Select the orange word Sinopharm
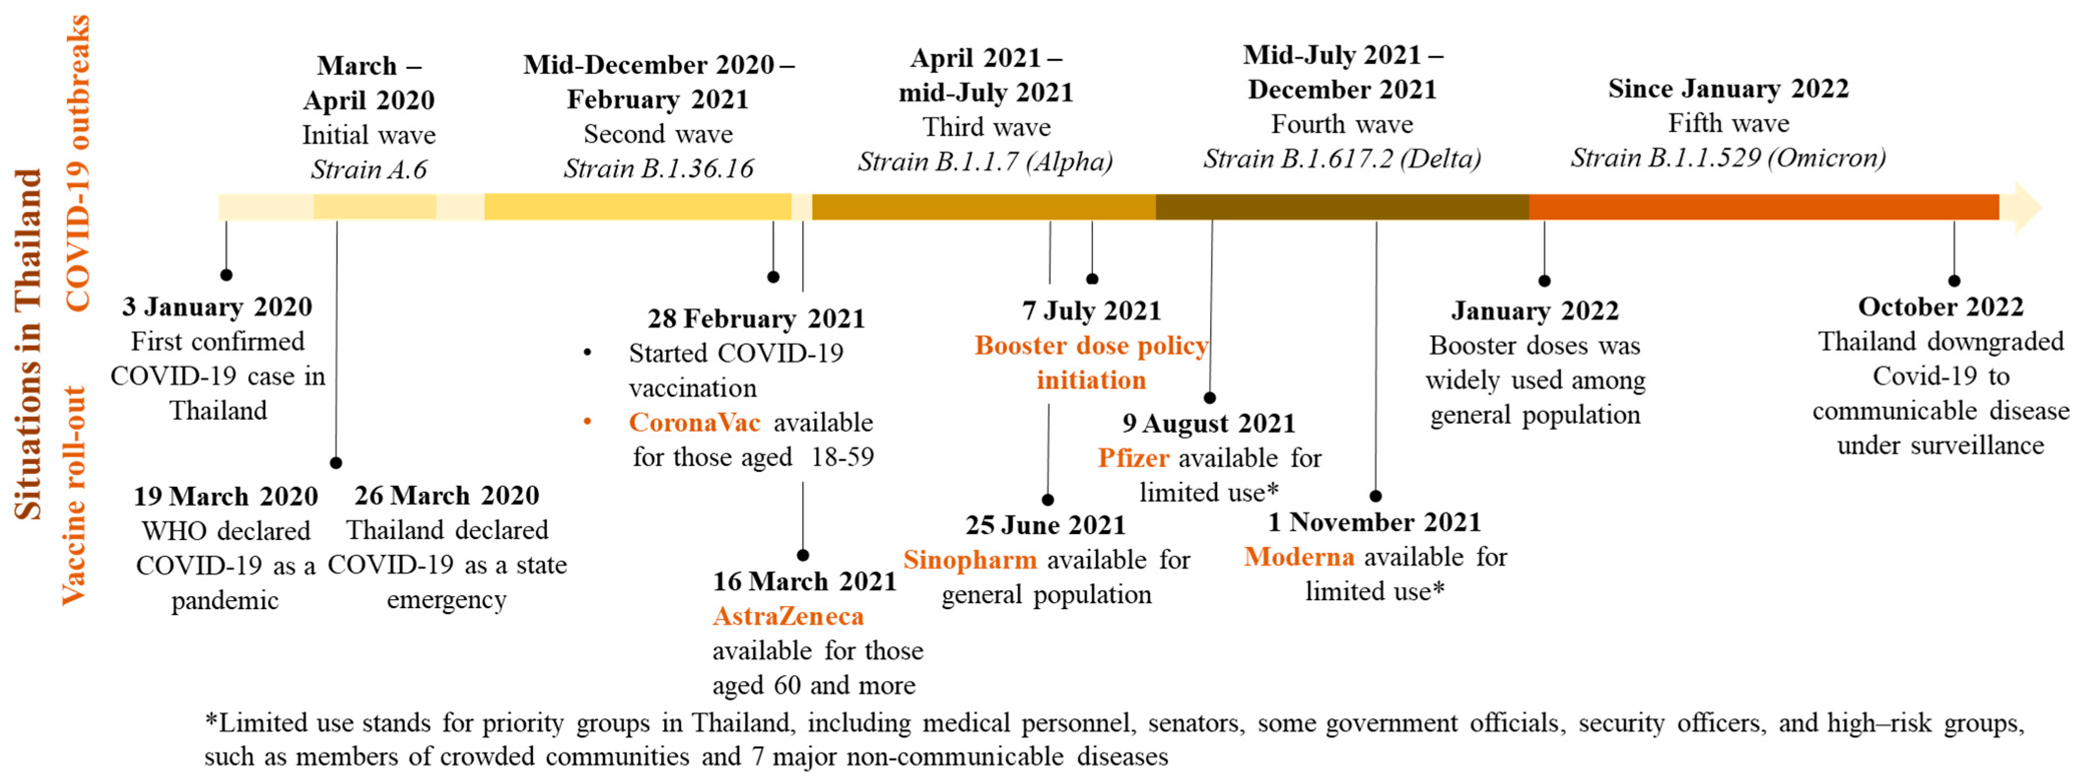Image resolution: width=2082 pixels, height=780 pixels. tap(970, 560)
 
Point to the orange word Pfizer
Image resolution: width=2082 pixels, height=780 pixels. tap(1133, 457)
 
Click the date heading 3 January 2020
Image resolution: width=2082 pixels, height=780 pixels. tap(217, 307)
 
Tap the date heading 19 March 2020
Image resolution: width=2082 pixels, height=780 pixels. tap(225, 495)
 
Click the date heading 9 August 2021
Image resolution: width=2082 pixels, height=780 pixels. tap(1209, 423)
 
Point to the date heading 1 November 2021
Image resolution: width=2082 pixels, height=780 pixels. tap(1374, 522)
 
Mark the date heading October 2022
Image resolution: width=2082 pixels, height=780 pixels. tap(1941, 307)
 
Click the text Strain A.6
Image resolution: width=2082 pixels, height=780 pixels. tap(369, 169)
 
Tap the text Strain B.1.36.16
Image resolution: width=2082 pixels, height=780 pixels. tap(658, 168)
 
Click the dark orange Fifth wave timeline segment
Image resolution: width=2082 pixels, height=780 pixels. tap(1762, 207)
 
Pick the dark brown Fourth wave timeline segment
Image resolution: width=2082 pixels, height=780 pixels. tap(1342, 207)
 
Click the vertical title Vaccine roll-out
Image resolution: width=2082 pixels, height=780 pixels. tap(74, 494)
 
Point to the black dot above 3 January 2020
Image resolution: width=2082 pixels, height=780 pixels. tap(226, 275)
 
